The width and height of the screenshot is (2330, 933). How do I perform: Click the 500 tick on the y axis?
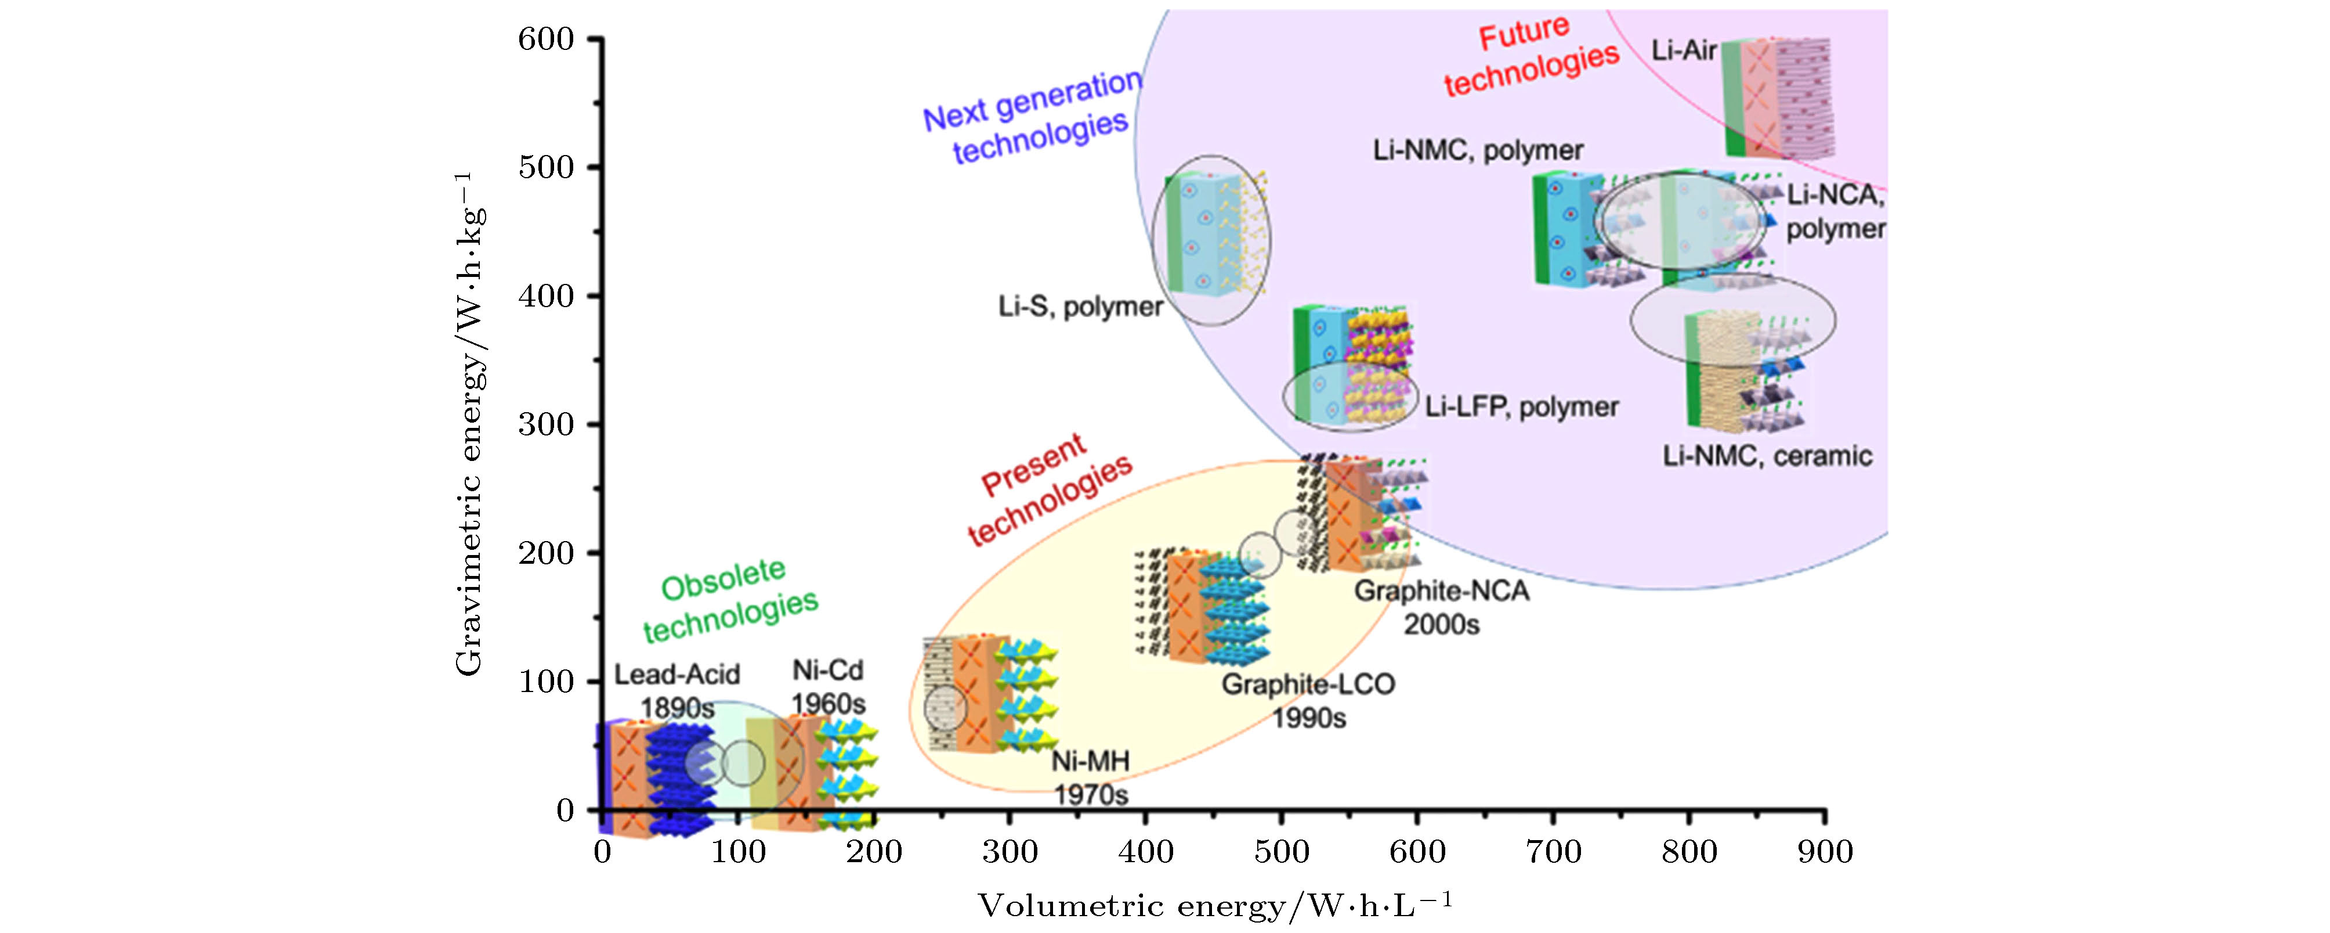(594, 167)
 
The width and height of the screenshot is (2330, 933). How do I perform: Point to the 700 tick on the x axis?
(1553, 817)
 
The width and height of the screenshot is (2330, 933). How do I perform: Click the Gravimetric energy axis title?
(469, 423)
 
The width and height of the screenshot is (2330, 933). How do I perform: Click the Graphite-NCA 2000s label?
(1442, 607)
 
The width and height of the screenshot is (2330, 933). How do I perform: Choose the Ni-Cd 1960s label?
(827, 687)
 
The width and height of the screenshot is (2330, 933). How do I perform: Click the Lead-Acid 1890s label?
(678, 690)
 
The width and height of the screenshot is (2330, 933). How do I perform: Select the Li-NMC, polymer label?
(1478, 150)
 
